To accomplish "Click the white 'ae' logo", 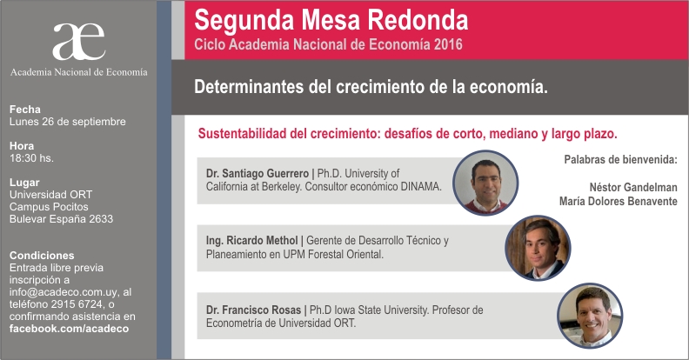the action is (79, 42).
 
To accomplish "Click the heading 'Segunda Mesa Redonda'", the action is (331, 21).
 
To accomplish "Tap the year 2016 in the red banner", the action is (448, 44).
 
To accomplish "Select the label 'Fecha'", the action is (25, 110).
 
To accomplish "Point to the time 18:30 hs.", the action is (31, 158).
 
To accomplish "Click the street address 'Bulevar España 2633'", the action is (61, 218).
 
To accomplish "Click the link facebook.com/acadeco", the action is (69, 329).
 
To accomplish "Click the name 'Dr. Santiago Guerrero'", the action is (258, 173).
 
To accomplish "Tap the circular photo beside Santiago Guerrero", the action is (485, 183).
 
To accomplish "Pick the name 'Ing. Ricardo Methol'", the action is (251, 241).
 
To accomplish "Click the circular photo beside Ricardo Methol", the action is (538, 248).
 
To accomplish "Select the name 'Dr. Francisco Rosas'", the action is (253, 310).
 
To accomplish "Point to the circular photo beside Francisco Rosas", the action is (590, 316).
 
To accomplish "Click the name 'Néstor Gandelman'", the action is (633, 188).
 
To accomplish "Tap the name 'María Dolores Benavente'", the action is (619, 202).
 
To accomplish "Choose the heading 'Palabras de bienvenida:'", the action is (620, 160).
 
